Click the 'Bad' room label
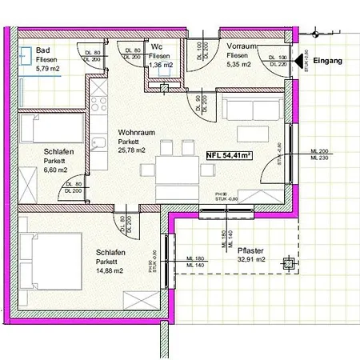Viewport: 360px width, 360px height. [44, 50]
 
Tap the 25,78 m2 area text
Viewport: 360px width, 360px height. [132, 150]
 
